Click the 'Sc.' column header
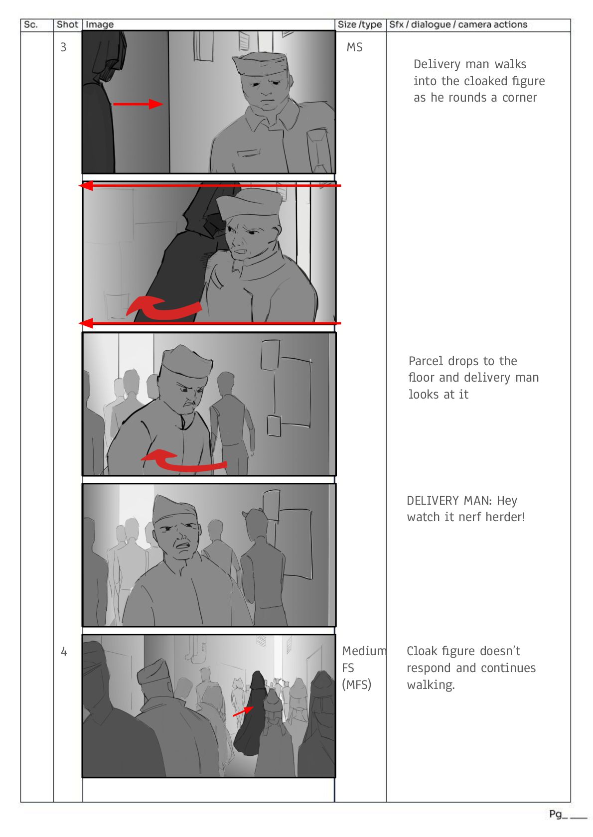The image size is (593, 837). [30, 25]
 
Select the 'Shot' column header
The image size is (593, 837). [67, 25]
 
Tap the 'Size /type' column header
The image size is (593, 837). [359, 25]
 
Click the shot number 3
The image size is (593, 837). [63, 47]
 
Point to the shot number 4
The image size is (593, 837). [63, 652]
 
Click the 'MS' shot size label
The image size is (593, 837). [354, 47]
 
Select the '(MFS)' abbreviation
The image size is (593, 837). [356, 685]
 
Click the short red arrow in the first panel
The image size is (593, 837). [138, 104]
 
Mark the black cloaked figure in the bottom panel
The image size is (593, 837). [249, 712]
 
